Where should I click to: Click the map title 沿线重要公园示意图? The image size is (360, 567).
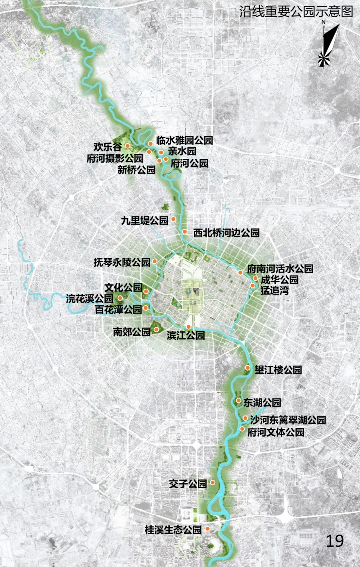tap(296, 12)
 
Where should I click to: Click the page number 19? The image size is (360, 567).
tap(334, 541)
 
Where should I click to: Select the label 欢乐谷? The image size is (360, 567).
tap(107, 147)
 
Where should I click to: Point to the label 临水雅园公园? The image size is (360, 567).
tap(184, 140)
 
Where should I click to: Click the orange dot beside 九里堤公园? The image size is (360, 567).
tap(173, 219)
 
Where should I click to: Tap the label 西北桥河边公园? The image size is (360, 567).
tap(226, 233)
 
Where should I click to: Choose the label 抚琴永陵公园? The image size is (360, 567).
tap(122, 262)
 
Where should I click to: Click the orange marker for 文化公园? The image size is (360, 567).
tap(146, 291)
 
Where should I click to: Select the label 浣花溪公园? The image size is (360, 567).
tap(90, 298)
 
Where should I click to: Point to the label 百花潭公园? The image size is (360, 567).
tap(118, 309)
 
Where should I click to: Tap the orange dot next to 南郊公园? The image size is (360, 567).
tap(156, 330)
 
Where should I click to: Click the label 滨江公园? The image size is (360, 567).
tap(186, 335)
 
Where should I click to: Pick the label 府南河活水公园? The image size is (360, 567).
tap(280, 268)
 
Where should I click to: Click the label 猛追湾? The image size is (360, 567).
tap(274, 290)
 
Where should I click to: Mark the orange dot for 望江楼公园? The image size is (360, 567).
tap(248, 368)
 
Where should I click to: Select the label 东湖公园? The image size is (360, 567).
tap(262, 402)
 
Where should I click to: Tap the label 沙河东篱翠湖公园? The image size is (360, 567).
tap(288, 420)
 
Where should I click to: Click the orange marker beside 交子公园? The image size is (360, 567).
tap(212, 482)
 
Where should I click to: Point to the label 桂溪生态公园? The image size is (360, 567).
tap(173, 530)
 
